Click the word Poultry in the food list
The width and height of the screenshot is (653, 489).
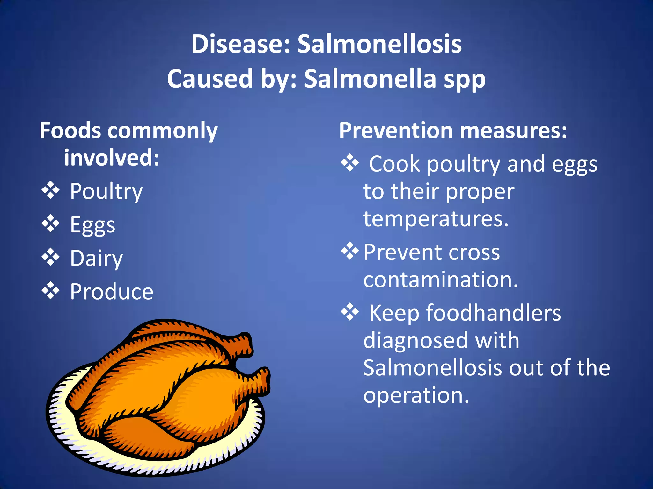[x=106, y=192]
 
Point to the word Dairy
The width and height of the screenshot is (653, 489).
[x=96, y=259]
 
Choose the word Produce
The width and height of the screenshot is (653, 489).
[x=112, y=292]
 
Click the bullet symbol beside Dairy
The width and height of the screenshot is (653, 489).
[x=51, y=257]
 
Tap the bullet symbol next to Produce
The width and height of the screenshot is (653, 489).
[x=51, y=290]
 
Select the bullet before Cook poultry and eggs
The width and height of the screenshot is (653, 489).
[x=350, y=163]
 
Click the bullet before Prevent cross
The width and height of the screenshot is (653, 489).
[x=350, y=251]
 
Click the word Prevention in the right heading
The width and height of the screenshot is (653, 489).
[x=396, y=131]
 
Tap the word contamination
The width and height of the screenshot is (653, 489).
[x=441, y=280]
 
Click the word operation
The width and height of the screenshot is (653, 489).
[x=416, y=396]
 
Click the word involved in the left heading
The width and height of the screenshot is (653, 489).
[x=112, y=158]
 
